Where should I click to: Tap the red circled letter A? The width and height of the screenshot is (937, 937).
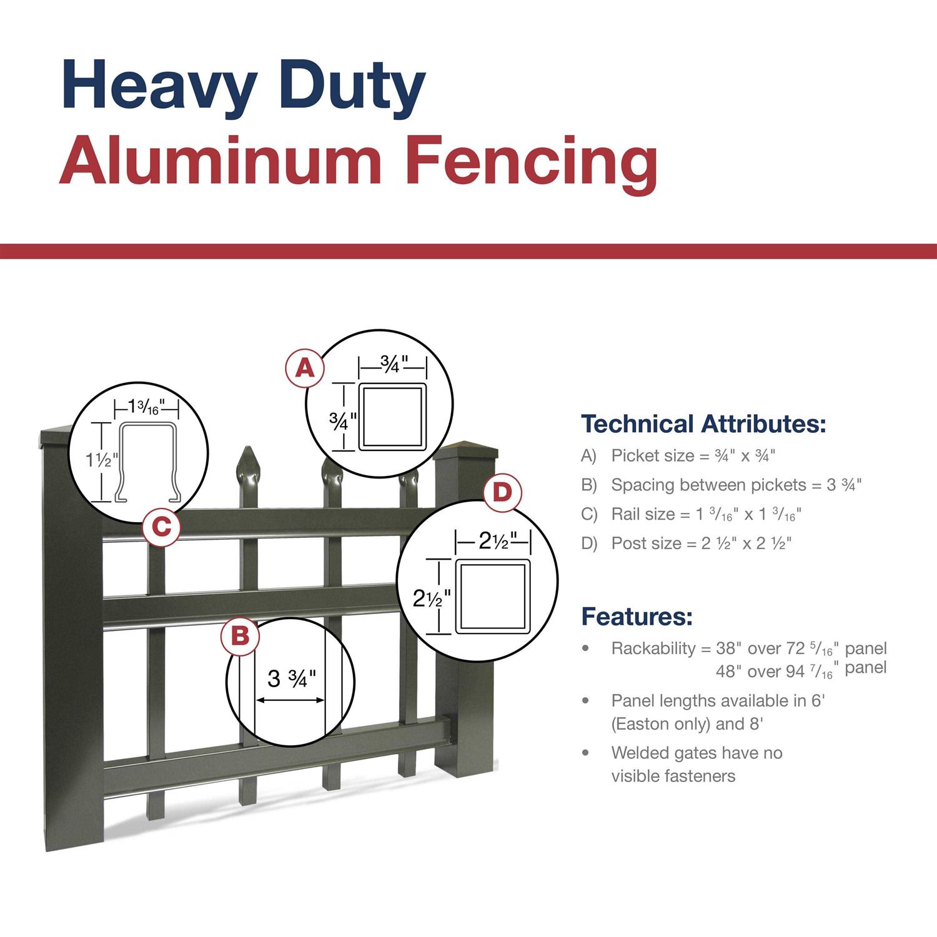[x=304, y=368]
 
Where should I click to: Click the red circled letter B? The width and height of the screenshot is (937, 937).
[x=240, y=637]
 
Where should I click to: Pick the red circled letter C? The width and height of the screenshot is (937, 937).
[x=161, y=528]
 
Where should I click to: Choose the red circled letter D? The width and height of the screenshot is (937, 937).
[x=502, y=493]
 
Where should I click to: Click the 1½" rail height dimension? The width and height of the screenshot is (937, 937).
[x=101, y=461]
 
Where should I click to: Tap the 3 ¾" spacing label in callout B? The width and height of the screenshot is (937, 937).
[x=291, y=678]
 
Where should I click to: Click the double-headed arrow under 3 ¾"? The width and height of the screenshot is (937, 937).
[x=290, y=700]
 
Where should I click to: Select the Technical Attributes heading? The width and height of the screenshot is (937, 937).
[x=703, y=424]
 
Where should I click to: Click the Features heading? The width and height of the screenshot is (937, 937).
[x=637, y=617]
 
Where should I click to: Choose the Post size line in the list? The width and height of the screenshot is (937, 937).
[x=685, y=543]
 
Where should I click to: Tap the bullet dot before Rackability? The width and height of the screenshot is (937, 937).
[x=585, y=648]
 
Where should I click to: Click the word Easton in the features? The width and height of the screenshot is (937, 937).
[x=643, y=724]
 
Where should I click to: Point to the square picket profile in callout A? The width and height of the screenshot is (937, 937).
[x=392, y=417]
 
